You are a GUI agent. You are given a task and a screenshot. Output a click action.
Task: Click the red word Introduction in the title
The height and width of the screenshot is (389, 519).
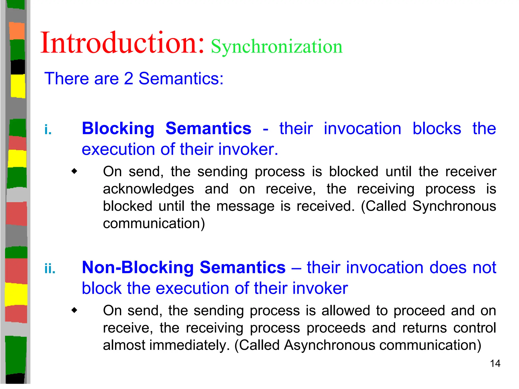122,43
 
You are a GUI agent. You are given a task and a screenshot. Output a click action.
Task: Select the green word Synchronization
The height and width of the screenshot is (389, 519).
276,47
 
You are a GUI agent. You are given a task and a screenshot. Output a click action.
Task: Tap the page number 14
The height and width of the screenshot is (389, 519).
495,364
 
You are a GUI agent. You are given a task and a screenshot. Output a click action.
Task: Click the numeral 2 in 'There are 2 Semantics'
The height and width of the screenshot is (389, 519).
128,79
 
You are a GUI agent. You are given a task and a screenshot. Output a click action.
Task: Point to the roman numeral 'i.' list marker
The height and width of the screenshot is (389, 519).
48,130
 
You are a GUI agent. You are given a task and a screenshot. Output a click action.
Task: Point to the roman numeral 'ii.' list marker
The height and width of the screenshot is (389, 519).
50,269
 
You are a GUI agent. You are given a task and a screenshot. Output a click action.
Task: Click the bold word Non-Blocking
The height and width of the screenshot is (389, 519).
138,267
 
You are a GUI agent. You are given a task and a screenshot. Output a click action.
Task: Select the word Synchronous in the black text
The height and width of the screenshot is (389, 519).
454,206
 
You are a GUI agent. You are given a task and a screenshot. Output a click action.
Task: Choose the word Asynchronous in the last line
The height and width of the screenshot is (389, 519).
329,345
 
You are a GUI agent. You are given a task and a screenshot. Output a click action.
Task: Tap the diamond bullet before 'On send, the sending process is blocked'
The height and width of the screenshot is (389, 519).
74,171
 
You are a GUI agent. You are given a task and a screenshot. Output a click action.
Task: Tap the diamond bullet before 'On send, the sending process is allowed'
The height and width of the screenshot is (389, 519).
74,310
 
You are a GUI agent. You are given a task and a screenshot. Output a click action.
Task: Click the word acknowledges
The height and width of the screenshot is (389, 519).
149,189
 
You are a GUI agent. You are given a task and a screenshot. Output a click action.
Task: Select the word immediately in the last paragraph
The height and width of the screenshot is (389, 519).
189,345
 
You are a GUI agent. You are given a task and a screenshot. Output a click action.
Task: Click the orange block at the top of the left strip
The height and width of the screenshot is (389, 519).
17,31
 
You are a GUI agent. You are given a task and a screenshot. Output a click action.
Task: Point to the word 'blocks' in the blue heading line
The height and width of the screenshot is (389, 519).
437,129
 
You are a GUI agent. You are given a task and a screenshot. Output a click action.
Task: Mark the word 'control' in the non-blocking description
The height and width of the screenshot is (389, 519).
474,328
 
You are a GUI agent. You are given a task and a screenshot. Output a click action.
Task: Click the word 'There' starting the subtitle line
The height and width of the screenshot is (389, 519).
66,79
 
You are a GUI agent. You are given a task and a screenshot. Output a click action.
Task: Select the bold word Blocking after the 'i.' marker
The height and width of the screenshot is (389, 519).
118,129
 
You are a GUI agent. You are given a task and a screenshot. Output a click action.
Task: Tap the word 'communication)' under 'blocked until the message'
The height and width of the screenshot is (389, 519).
154,224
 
